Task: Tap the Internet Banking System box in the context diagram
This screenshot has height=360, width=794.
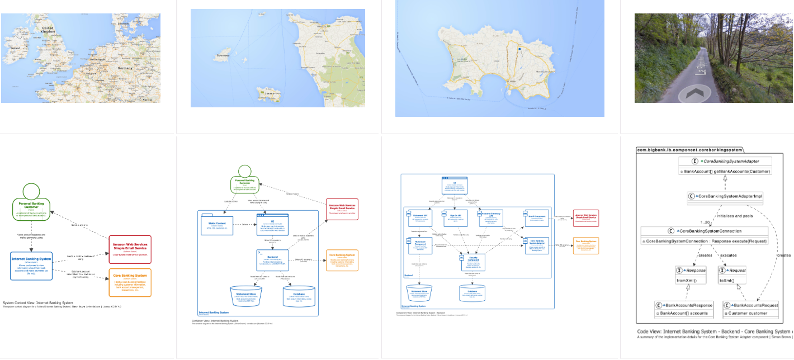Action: pyautogui.click(x=31, y=266)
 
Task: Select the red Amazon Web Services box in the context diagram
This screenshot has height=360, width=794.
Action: pyautogui.click(x=130, y=249)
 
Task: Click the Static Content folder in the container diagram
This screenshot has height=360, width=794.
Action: pyautogui.click(x=217, y=225)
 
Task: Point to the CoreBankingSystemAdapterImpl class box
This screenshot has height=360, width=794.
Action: pyautogui.click(x=725, y=196)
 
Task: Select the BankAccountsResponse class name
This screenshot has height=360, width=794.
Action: pyautogui.click(x=687, y=305)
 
